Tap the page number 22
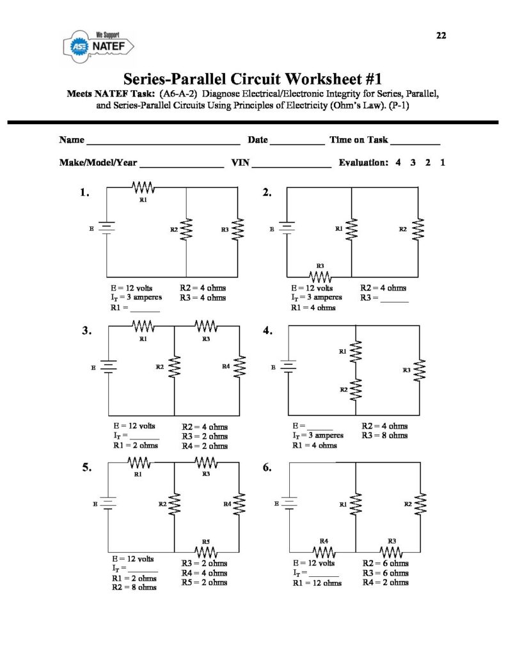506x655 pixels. click(x=441, y=36)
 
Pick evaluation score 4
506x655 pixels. click(x=398, y=162)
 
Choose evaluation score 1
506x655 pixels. click(x=443, y=162)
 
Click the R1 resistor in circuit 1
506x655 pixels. click(x=143, y=187)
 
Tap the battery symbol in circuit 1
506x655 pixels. click(x=107, y=228)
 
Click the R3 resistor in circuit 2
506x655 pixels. click(x=320, y=276)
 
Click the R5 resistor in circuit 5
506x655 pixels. click(x=206, y=551)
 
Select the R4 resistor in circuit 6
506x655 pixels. click(x=324, y=551)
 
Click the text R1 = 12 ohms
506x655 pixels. click(x=317, y=583)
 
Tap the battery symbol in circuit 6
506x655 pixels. click(x=290, y=504)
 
